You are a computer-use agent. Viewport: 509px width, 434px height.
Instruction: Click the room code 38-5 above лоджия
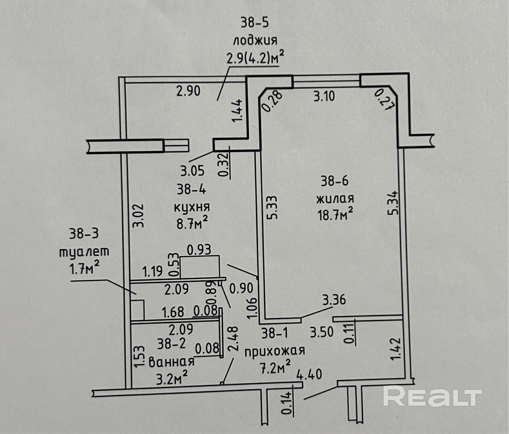pos(255,23)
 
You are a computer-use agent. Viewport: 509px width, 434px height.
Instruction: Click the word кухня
pos(192,208)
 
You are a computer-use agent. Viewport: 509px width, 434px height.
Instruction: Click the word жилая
pos(335,199)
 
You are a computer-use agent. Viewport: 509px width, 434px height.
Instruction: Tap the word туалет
pos(84,252)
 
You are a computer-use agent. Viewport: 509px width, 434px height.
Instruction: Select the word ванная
pos(171,362)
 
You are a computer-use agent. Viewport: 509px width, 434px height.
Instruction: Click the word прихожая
pos(275,351)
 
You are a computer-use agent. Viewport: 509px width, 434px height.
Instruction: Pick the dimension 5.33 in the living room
pos(272,207)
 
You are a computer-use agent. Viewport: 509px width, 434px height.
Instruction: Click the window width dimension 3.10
pos(324,96)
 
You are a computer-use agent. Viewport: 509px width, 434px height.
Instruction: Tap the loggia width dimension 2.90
pos(188,91)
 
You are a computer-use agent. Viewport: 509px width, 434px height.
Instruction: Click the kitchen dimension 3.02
pos(139,215)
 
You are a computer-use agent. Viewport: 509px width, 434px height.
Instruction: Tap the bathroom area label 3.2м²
pos(172,379)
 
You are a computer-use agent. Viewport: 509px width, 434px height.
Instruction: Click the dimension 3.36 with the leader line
pos(334,300)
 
